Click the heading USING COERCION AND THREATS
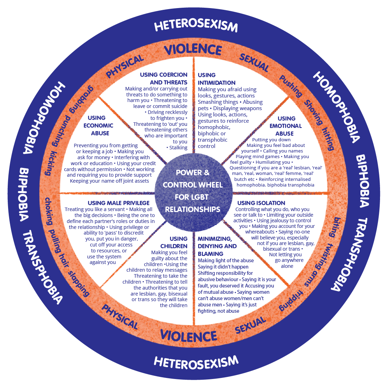pyautogui.click(x=164, y=79)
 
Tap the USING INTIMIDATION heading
pyautogui.click(x=216, y=79)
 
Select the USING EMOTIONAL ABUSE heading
pyautogui.click(x=285, y=126)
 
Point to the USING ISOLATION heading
pyautogui.click(x=261, y=203)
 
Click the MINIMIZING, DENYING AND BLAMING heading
pyautogui.click(x=215, y=246)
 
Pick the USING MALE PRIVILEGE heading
pyautogui.click(x=118, y=203)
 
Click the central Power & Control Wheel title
pyautogui.click(x=193, y=191)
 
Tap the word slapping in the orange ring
pyautogui.click(x=79, y=283)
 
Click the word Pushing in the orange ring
pyautogui.click(x=291, y=86)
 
